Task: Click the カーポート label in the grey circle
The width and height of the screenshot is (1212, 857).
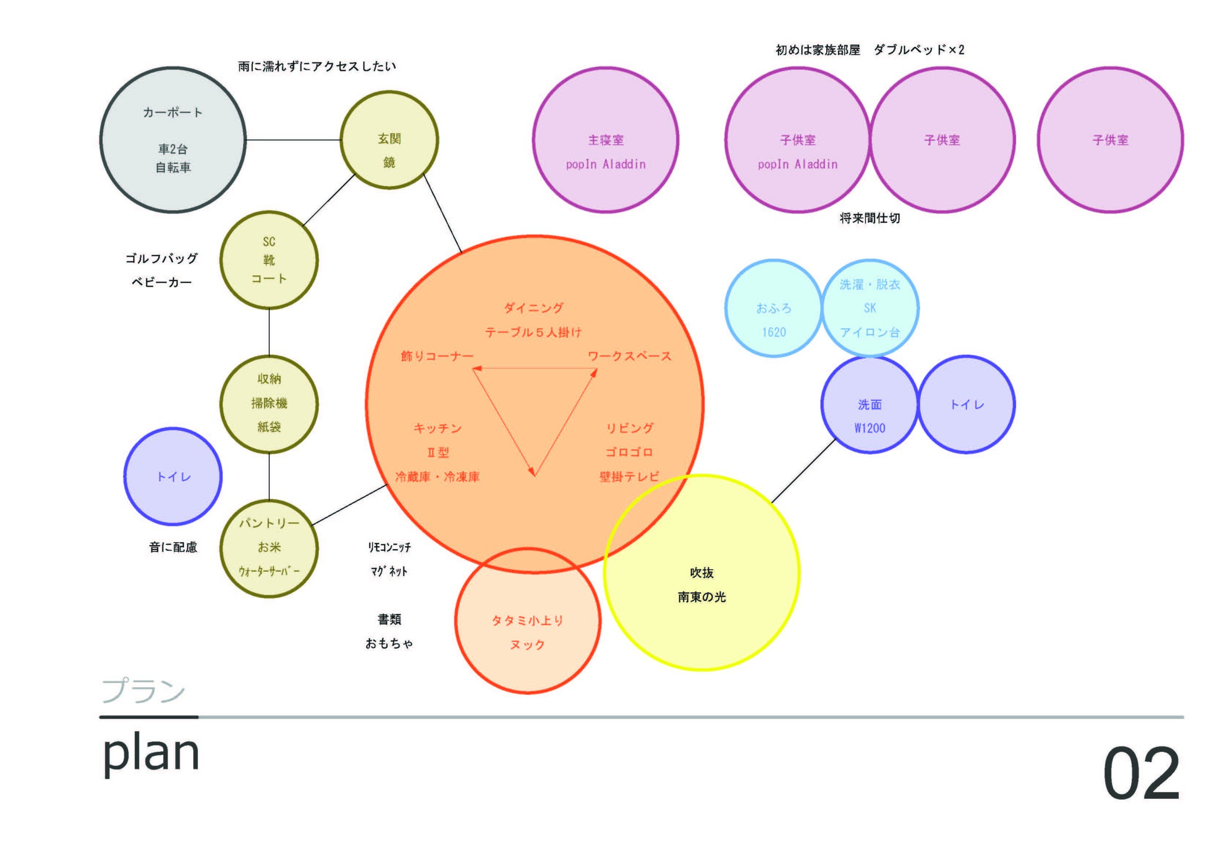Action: (173, 113)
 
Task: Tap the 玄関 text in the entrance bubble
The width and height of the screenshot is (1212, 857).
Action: (389, 139)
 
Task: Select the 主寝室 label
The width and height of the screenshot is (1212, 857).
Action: (606, 140)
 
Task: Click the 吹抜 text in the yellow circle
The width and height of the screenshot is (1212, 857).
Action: (702, 573)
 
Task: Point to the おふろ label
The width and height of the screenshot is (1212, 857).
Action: (774, 308)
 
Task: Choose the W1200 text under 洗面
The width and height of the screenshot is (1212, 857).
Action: (869, 428)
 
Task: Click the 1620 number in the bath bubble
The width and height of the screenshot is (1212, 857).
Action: (774, 332)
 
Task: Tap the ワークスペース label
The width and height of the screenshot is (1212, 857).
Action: (629, 357)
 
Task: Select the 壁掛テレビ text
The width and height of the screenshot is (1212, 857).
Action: (629, 476)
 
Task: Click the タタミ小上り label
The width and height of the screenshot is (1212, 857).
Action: (527, 620)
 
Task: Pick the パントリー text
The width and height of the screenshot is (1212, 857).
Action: (269, 523)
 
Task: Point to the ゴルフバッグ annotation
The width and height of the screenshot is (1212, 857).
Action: (161, 258)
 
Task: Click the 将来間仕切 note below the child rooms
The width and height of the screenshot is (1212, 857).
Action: (869, 218)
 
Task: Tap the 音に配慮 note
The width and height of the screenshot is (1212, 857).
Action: (173, 547)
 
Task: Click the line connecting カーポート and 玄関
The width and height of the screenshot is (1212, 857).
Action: (294, 140)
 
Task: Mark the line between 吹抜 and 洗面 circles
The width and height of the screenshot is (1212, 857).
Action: (803, 471)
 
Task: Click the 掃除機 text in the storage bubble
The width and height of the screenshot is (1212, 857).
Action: (269, 403)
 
